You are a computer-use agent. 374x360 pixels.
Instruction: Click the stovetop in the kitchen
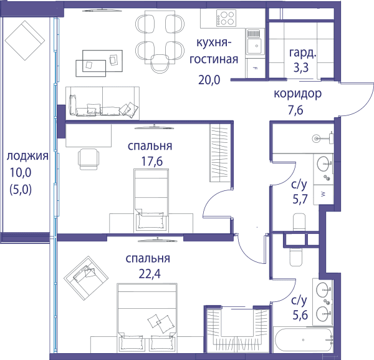click(226, 18)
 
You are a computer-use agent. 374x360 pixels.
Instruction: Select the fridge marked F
click(256, 68)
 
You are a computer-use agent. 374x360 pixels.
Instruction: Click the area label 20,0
click(209, 80)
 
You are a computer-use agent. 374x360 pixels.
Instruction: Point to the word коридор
click(297, 94)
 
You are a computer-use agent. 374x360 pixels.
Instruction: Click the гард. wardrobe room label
click(303, 53)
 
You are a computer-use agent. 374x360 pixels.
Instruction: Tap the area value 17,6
click(152, 162)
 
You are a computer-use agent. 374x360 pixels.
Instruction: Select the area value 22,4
click(150, 274)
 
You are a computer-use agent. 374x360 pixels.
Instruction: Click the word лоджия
click(27, 157)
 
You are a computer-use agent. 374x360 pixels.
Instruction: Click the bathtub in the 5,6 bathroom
click(304, 339)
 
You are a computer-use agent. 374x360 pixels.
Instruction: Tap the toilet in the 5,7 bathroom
click(299, 221)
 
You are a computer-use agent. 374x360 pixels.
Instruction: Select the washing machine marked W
click(323, 195)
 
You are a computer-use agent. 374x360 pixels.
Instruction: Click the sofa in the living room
click(102, 103)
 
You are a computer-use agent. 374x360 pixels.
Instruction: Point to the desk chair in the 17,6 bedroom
click(89, 159)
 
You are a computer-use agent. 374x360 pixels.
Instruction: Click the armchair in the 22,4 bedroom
click(86, 278)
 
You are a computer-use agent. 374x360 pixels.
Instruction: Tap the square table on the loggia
click(25, 41)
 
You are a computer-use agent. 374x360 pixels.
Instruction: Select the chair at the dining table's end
click(160, 64)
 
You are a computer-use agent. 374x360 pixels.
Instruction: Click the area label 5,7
click(300, 199)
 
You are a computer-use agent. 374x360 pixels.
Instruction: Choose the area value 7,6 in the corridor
click(295, 110)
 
